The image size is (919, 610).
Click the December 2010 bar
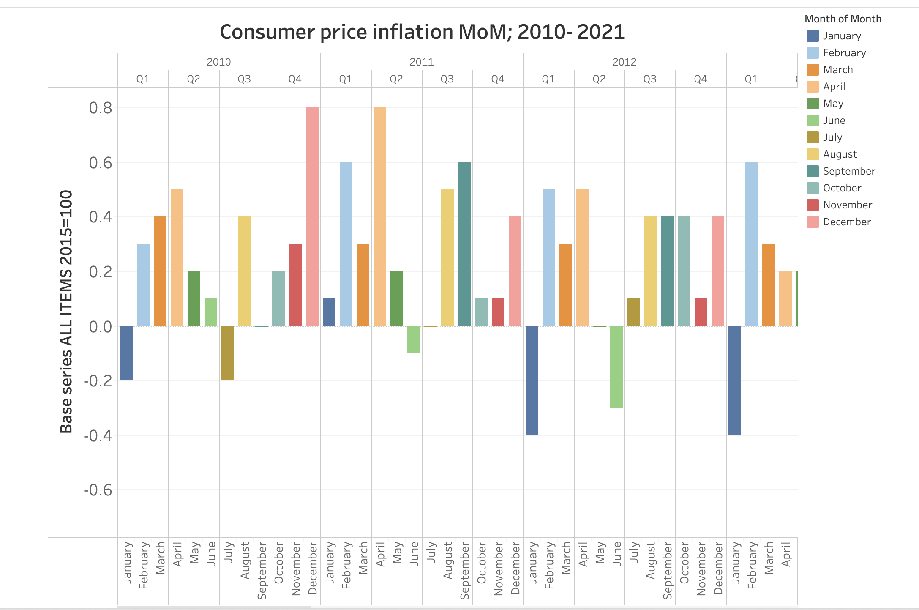312,216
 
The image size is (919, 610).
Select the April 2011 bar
380,216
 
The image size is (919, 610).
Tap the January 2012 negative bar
532,380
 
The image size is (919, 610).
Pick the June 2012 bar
616,367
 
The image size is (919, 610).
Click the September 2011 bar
464,244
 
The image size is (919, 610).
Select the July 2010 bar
228,353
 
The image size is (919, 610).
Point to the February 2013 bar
752,244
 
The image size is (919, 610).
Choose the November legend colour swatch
813,205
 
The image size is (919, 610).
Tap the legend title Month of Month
843,19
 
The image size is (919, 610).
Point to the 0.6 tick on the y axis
101,163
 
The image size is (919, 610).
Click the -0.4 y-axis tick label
98,435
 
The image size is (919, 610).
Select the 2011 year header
422,62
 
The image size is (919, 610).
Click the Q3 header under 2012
650,79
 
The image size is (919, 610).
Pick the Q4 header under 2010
295,79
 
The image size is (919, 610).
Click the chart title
422,32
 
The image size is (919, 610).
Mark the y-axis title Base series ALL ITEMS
66,312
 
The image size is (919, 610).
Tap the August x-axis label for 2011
448,561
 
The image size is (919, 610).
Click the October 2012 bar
684,271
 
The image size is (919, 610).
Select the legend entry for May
833,104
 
